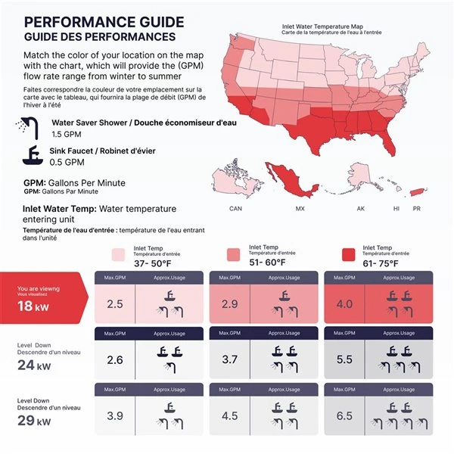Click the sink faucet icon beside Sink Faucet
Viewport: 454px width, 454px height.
[x=32, y=155]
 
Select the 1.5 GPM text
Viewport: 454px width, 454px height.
[x=67, y=134]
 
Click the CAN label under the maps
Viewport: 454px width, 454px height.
[x=235, y=208]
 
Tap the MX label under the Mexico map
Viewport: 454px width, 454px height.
[x=300, y=208]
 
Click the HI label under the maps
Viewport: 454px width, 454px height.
[x=395, y=208]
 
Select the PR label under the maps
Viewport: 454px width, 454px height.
[x=416, y=208]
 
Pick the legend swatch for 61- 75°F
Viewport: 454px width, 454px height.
[x=349, y=255]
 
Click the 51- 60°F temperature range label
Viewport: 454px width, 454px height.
[x=267, y=262]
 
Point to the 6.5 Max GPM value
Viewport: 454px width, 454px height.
[x=344, y=415]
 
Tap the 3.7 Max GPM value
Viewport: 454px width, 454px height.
[x=230, y=359]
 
